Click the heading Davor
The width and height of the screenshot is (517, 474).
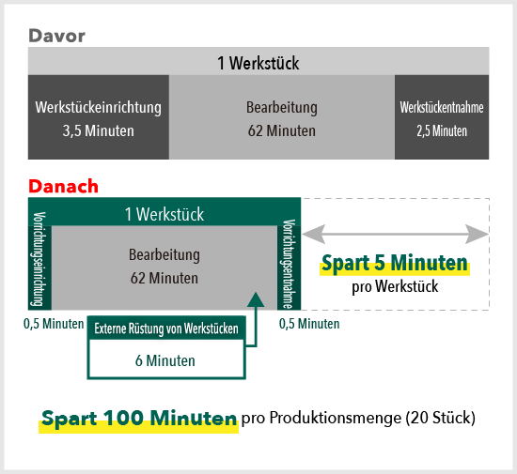click(56, 36)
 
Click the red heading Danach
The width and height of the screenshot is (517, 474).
click(63, 186)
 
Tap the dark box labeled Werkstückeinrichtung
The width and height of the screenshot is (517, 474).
click(99, 117)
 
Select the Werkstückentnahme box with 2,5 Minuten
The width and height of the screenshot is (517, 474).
click(442, 117)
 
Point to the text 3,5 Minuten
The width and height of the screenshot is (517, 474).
click(99, 130)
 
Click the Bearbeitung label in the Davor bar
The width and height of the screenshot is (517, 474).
click(282, 107)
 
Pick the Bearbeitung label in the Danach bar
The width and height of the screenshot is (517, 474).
click(164, 254)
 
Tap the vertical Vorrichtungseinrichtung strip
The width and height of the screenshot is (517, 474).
click(39, 259)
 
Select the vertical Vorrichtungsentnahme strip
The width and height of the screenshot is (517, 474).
click(289, 264)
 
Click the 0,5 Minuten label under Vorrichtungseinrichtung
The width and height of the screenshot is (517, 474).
click(54, 324)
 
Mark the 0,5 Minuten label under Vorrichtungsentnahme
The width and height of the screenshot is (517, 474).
click(309, 324)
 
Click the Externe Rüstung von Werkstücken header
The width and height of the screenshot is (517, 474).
click(166, 329)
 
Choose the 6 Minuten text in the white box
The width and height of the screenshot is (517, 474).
click(165, 360)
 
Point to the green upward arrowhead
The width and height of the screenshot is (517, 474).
click(256, 299)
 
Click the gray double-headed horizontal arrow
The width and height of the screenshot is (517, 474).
click(395, 235)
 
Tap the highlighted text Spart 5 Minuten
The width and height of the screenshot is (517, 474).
click(395, 264)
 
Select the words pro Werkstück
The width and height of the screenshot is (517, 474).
click(395, 286)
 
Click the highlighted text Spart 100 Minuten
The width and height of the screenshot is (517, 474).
click(139, 419)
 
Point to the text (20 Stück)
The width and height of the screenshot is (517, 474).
click(441, 418)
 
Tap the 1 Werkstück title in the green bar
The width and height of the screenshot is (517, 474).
click(164, 214)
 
